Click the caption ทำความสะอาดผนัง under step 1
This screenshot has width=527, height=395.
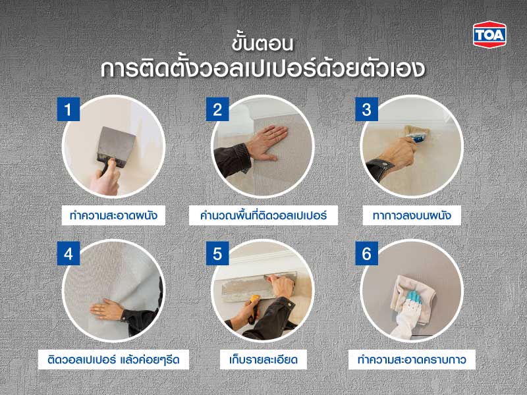(113, 215)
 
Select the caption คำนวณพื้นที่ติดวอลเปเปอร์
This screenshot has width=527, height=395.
(263, 215)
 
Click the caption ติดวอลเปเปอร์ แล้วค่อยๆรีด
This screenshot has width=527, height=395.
(113, 360)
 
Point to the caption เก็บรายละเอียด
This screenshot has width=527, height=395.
(263, 360)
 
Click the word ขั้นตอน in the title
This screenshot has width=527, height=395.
(263, 44)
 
